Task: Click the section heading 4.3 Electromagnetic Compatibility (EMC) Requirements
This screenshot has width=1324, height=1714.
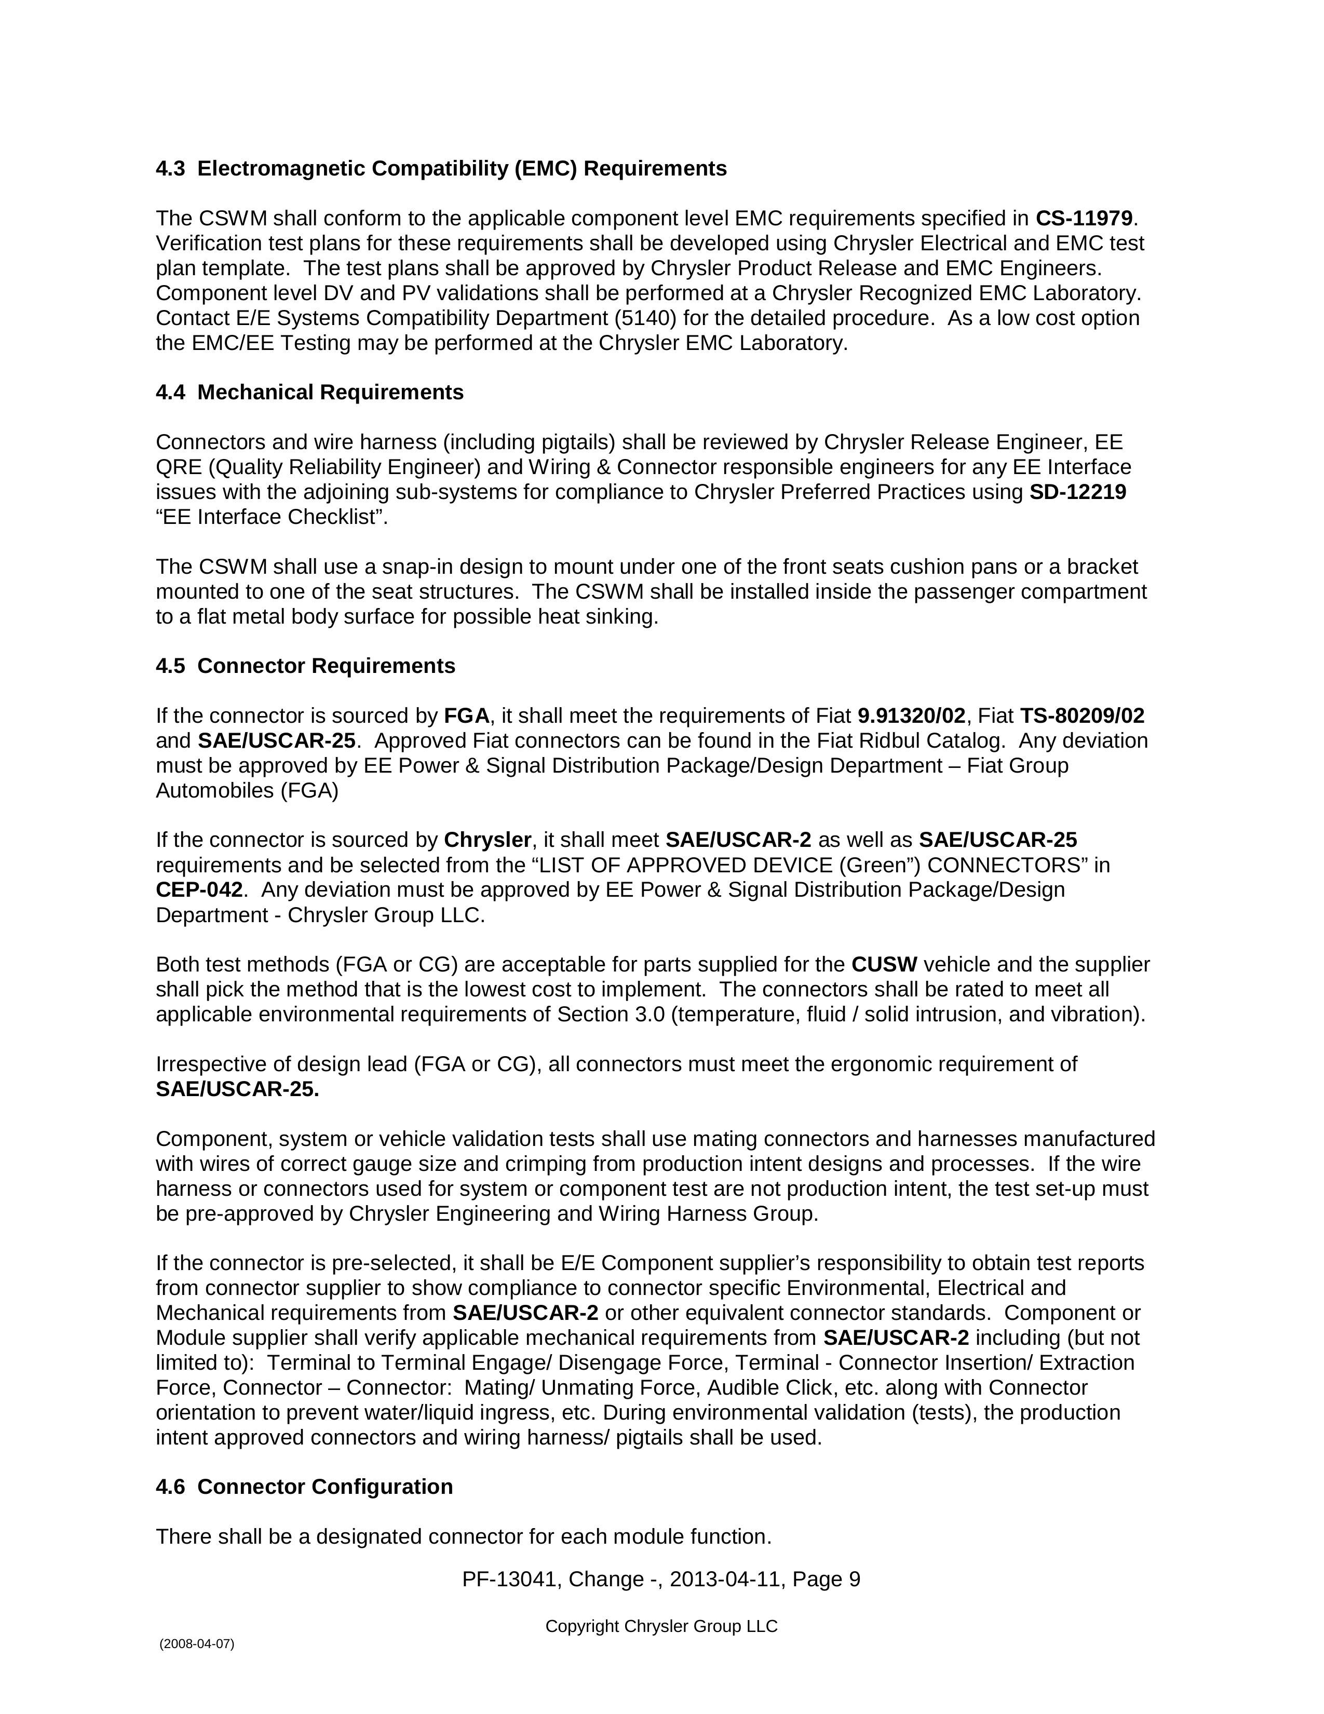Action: [441, 169]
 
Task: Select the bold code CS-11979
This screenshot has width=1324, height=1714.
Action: [1084, 218]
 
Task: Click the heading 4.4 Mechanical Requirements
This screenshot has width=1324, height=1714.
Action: [309, 393]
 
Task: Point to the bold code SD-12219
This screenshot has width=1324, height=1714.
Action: [1077, 492]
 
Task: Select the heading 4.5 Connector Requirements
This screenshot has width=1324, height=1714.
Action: [305, 666]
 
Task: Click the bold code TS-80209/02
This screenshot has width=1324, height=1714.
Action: [1082, 716]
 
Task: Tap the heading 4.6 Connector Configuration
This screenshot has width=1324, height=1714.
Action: [304, 1487]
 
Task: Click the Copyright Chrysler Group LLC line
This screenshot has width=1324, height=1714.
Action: [661, 1626]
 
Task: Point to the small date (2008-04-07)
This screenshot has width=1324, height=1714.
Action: [197, 1644]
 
